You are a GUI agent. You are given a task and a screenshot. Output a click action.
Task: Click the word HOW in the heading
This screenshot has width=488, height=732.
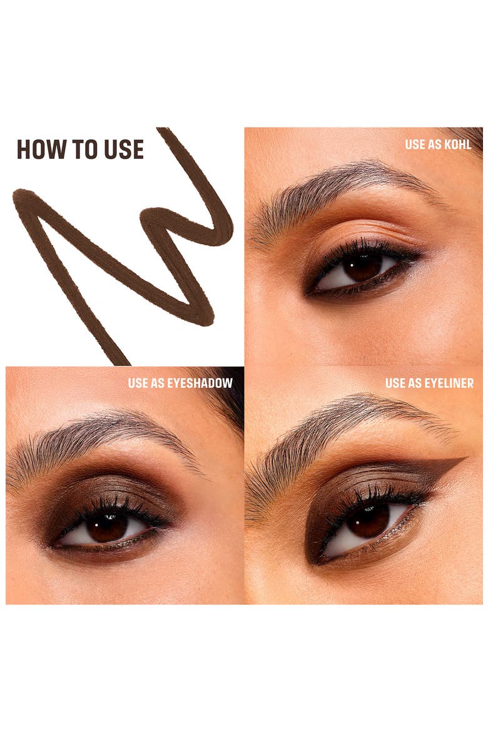42,150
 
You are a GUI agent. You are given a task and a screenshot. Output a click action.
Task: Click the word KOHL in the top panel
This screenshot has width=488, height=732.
457,145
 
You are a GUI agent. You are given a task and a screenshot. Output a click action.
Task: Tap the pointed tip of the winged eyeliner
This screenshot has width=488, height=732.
467,459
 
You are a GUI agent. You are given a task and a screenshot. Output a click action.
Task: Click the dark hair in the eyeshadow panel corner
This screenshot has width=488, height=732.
229,397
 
